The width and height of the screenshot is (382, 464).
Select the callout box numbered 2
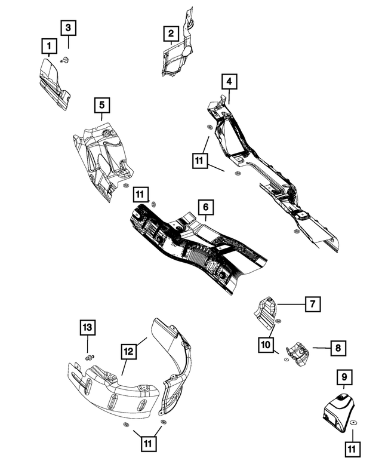pyautogui.click(x=171, y=34)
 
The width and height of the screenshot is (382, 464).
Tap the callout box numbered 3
pyautogui.click(x=68, y=27)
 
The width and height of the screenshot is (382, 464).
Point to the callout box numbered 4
pyautogui.click(x=229, y=81)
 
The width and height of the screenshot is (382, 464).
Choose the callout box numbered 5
pyautogui.click(x=102, y=105)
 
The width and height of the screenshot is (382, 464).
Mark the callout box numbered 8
pyautogui.click(x=338, y=347)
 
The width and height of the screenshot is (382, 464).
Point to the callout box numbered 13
pyautogui.click(x=88, y=328)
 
